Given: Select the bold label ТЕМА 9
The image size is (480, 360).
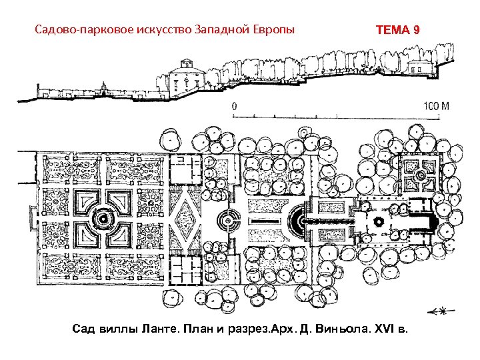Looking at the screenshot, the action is (398, 31).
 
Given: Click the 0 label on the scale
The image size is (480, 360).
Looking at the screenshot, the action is (234, 106).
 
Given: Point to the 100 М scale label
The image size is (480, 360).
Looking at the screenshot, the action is (437, 106).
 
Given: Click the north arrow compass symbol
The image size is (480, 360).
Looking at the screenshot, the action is (437, 311).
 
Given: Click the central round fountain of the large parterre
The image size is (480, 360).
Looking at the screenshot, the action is (103, 218).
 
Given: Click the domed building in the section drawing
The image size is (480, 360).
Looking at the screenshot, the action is (183, 77).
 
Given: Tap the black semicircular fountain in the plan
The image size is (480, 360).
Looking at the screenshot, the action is (295, 219).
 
